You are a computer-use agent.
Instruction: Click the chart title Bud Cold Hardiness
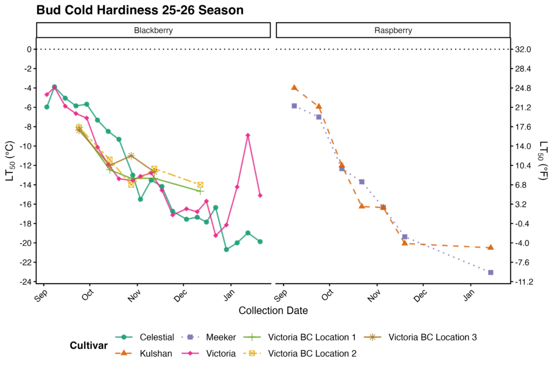[x=140, y=10]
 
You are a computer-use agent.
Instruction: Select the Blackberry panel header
[x=153, y=30]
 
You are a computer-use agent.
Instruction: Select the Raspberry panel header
[x=393, y=30]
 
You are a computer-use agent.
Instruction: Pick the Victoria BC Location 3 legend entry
[x=432, y=337]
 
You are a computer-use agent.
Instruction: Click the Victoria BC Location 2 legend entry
[x=312, y=354]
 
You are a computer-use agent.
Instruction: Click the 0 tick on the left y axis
[x=29, y=49]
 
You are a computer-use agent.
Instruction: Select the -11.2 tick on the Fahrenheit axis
[x=524, y=282]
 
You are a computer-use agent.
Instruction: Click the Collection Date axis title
[x=273, y=311]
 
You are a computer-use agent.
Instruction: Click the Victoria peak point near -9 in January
[x=248, y=135]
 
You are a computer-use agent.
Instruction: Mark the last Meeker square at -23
[x=490, y=272]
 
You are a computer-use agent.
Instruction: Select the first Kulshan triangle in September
[x=294, y=88]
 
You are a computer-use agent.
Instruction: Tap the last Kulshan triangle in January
[x=490, y=247]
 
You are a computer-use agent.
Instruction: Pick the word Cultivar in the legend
[x=89, y=346]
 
